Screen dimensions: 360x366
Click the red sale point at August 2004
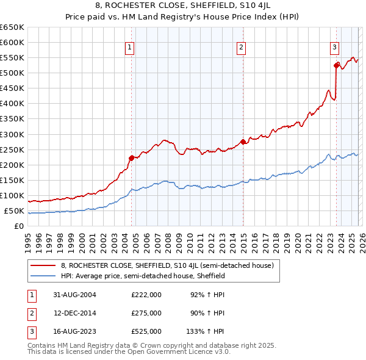click(131, 158)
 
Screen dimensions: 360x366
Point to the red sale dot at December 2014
click(243, 142)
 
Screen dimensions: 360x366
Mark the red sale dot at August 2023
click(336, 65)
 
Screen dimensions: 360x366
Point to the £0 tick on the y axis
click(19, 226)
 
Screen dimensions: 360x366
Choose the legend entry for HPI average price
click(143, 276)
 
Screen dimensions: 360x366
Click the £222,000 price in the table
click(146, 294)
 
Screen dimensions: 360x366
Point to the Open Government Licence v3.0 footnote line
click(129, 352)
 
